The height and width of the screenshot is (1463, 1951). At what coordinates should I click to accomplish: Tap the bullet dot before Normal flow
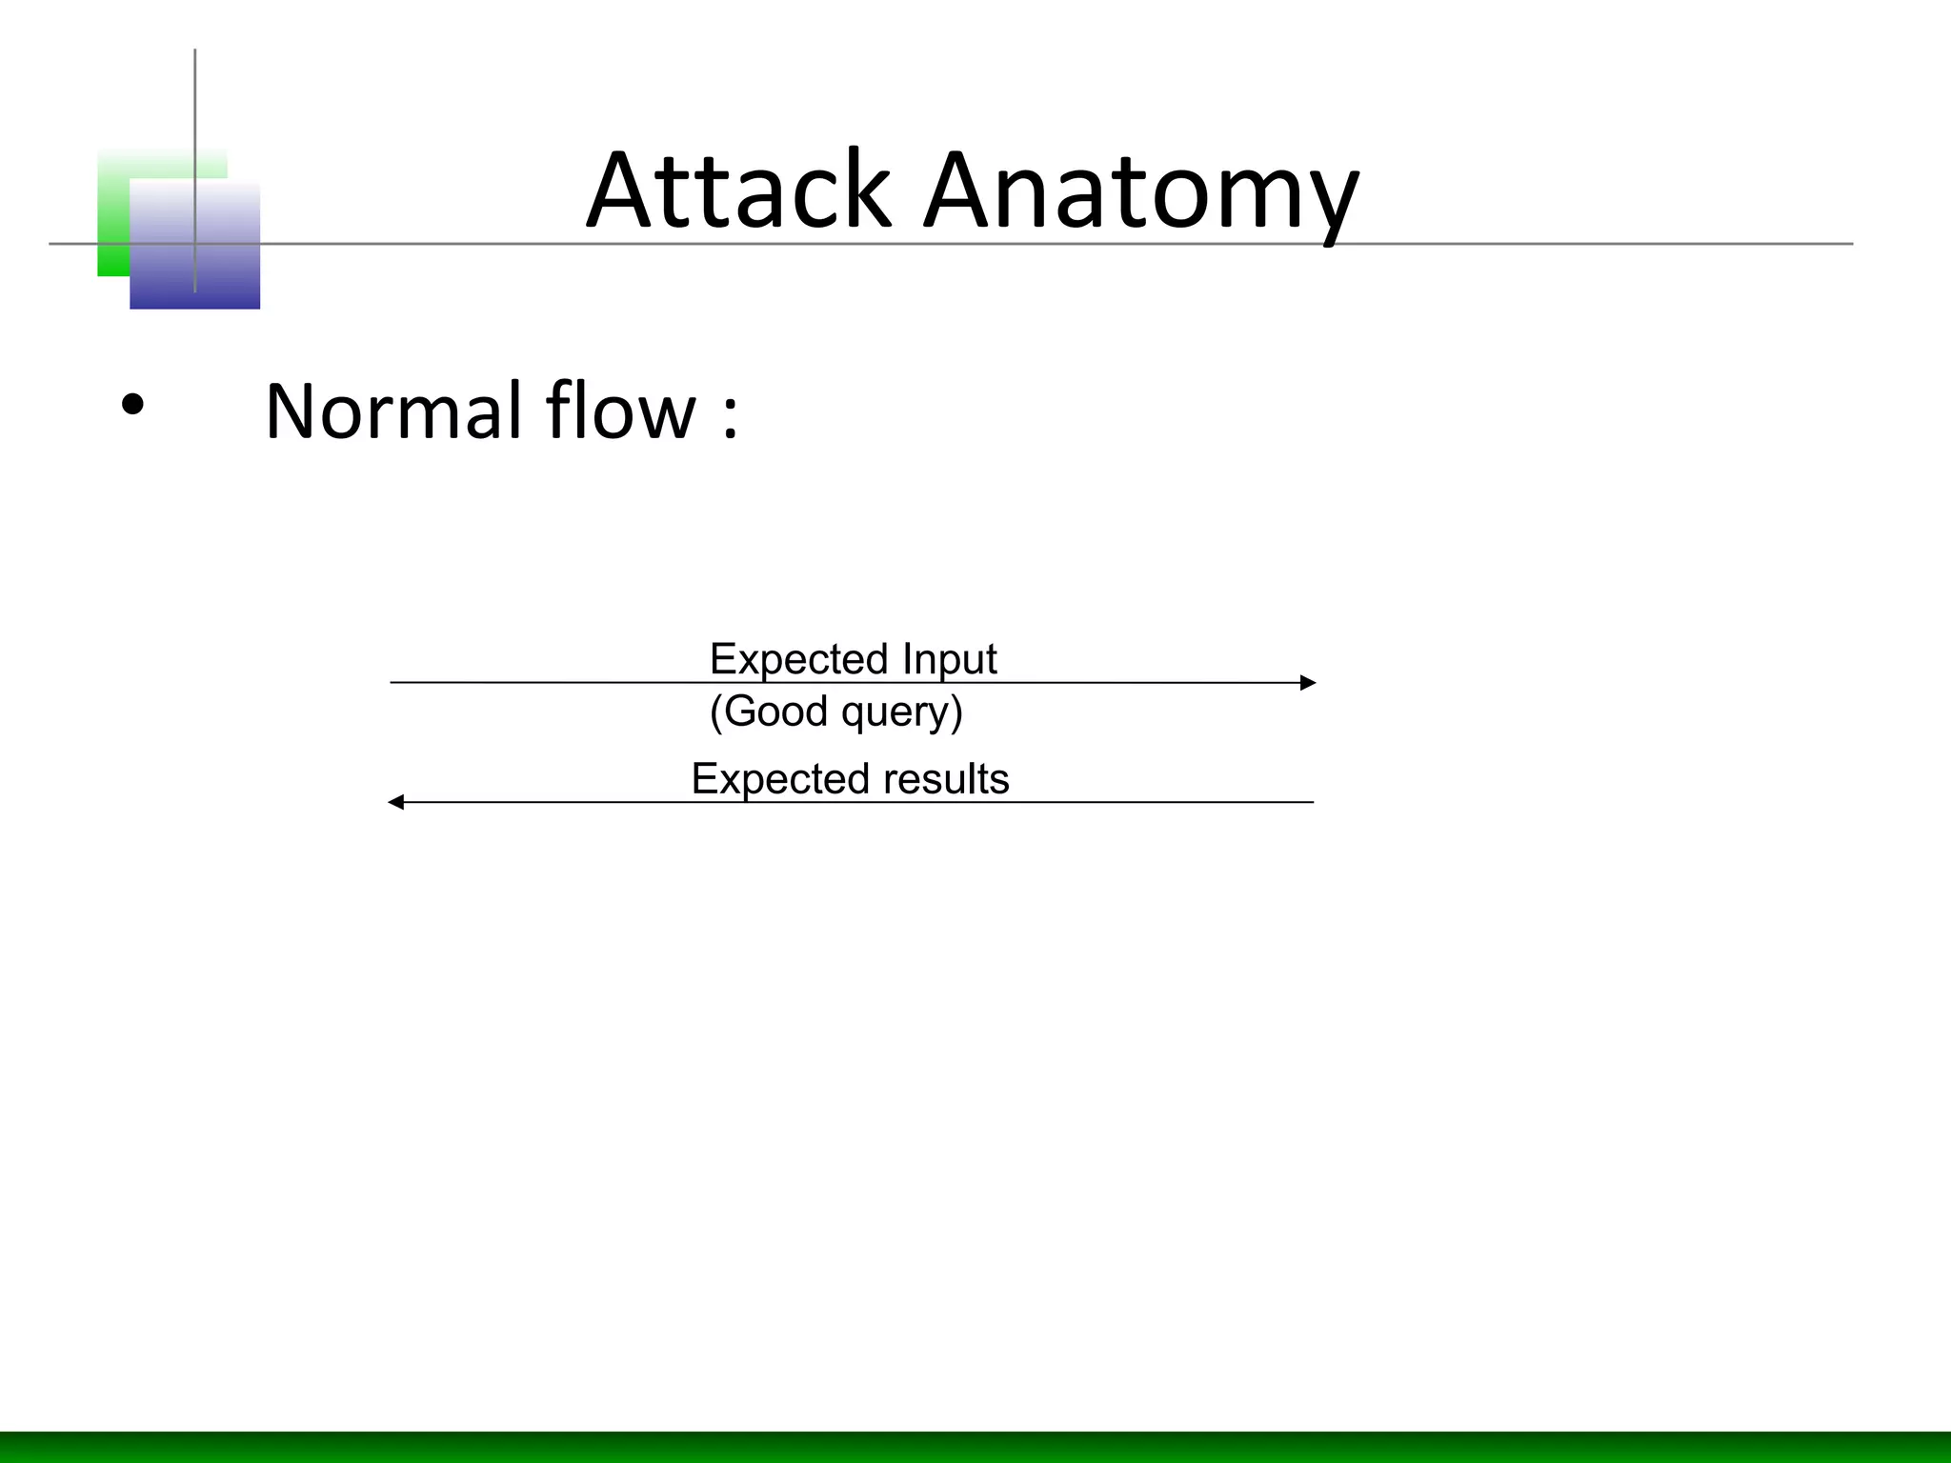point(132,406)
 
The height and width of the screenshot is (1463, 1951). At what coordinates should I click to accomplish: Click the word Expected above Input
point(799,659)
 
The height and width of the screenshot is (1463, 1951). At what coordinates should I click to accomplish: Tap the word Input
point(949,659)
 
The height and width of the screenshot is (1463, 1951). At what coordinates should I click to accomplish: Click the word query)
point(902,712)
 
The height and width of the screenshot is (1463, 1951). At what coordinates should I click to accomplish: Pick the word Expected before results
point(780,779)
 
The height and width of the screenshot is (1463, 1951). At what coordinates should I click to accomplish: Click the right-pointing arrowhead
point(1308,683)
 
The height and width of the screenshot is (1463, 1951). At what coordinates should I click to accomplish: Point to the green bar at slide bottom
point(975,1447)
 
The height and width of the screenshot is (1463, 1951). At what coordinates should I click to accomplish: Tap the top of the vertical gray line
point(195,53)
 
